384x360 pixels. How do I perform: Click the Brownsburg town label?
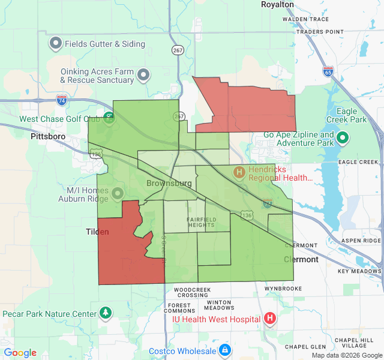tap(166, 182)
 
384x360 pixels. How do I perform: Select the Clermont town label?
tap(301, 260)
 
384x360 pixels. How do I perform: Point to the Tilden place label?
tap(97, 232)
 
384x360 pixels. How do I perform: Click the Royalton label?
tap(277, 4)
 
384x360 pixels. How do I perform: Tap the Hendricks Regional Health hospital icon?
tap(239, 173)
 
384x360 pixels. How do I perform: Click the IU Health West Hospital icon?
tap(270, 319)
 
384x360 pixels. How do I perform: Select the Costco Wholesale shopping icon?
tap(224, 350)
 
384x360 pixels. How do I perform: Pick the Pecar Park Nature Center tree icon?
tap(106, 313)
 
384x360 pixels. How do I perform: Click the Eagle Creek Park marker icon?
tap(343, 138)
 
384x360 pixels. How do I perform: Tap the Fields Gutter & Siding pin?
tap(56, 43)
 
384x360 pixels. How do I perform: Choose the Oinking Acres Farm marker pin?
tap(143, 75)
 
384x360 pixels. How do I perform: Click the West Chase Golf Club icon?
tap(109, 116)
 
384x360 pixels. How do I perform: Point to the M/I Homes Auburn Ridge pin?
tap(117, 193)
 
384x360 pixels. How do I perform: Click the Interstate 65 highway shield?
tap(328, 71)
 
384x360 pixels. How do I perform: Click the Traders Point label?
tap(320, 31)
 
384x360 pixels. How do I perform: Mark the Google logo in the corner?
tap(20, 353)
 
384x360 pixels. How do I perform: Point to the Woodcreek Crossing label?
tap(193, 292)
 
